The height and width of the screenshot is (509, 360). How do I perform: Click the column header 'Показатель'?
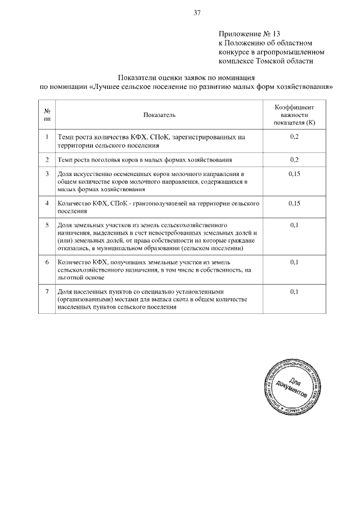(159, 115)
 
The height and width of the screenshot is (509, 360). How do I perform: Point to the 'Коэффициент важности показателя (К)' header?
(294, 114)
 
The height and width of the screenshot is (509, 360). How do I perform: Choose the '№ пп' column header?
(47, 115)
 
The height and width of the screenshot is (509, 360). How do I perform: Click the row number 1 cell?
(47, 137)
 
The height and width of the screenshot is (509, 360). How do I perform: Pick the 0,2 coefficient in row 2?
(294, 160)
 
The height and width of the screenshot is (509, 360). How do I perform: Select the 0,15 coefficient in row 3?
(294, 174)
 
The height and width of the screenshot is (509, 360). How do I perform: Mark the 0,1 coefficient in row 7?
(294, 291)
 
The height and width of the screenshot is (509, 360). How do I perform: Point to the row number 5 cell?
(47, 225)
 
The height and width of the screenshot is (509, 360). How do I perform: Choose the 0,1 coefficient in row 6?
(294, 262)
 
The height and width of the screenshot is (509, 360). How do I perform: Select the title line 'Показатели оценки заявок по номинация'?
(187, 78)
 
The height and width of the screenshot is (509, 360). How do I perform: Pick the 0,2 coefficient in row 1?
(294, 137)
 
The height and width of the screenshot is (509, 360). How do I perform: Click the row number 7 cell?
(47, 291)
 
